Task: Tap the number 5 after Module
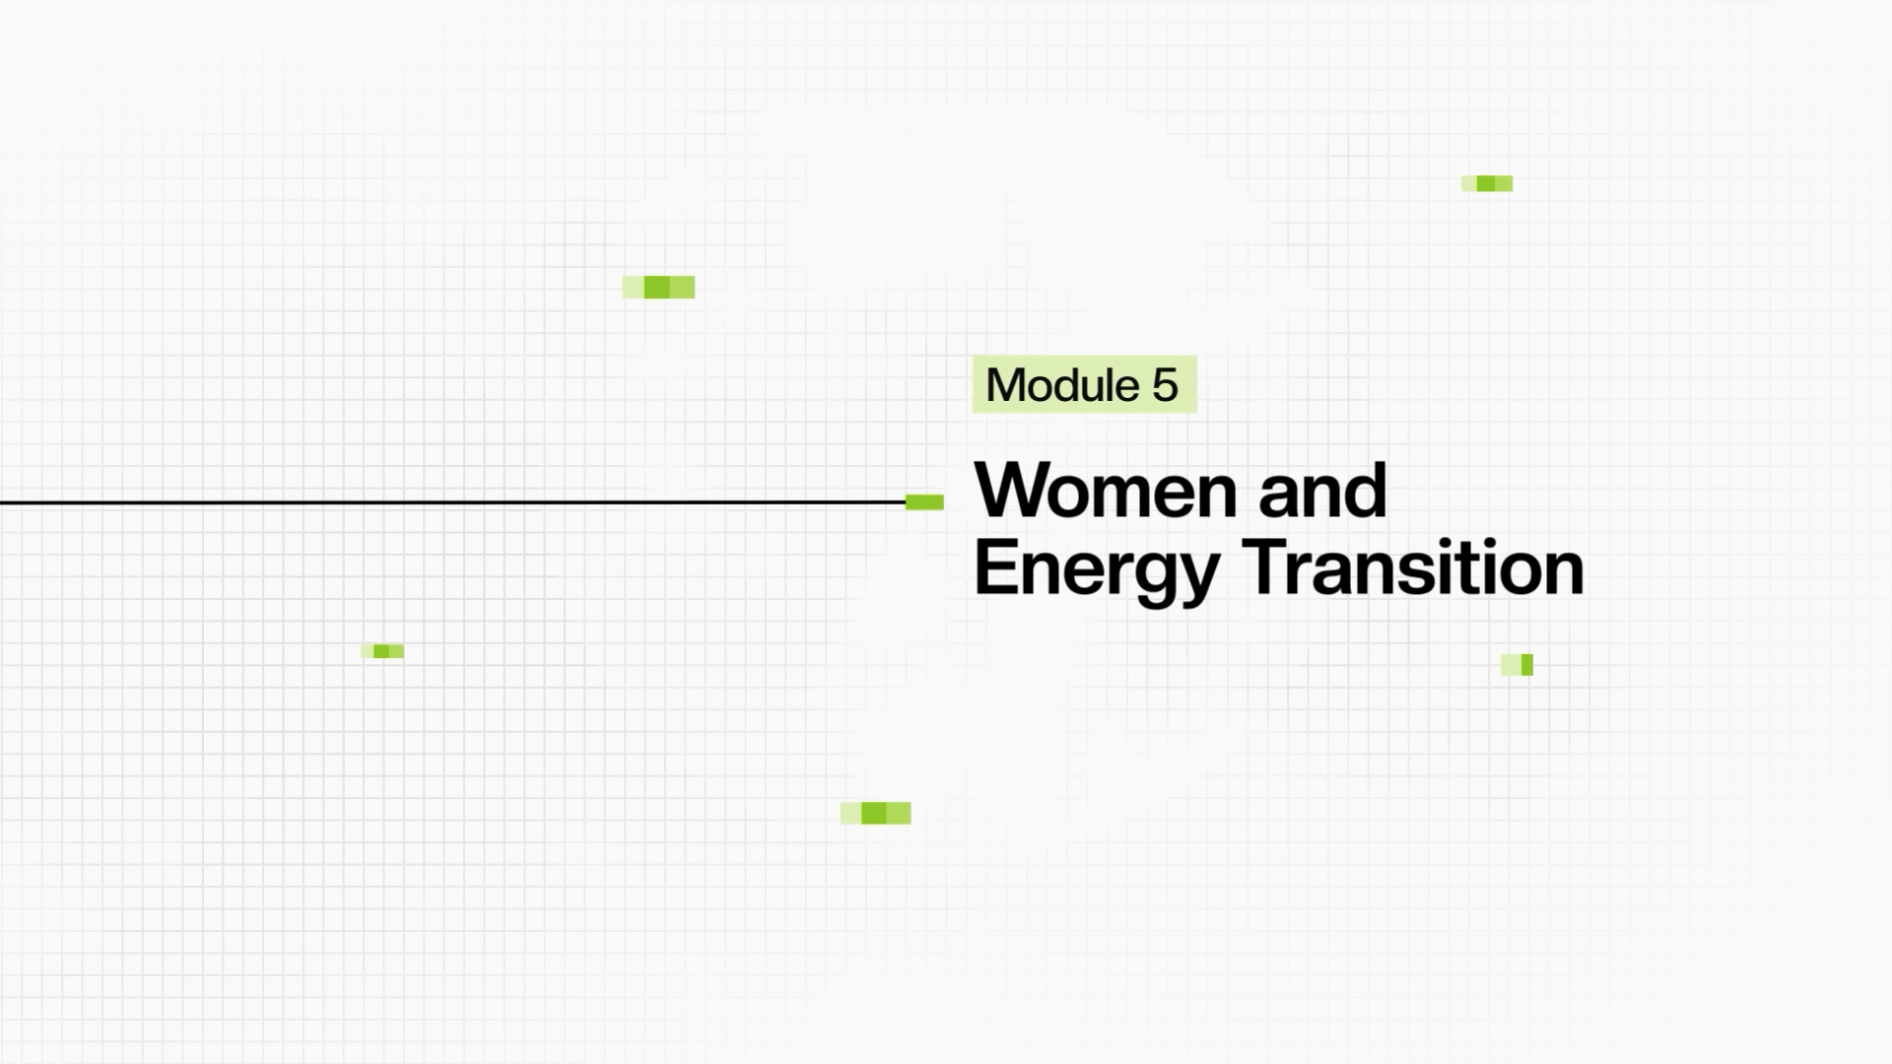1165,385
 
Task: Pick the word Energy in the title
1097,569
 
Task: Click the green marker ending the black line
924,502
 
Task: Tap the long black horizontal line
452,502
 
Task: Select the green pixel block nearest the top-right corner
1487,183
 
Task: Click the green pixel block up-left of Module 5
658,287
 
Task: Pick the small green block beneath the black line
382,651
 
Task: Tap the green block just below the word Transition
1517,665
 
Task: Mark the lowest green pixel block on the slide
875,813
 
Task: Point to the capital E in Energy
996,566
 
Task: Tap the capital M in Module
1004,385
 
